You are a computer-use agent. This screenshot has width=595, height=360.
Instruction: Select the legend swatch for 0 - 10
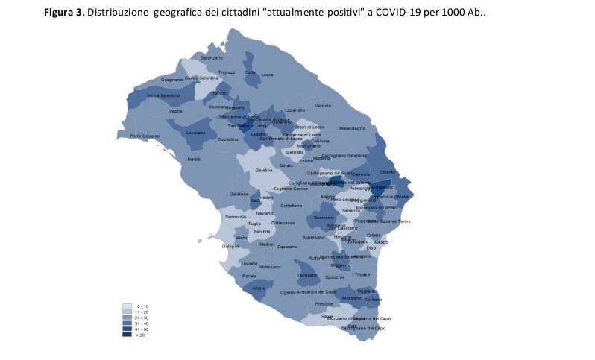click(x=127, y=306)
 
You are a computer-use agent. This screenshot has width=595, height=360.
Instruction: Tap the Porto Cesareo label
click(x=145, y=136)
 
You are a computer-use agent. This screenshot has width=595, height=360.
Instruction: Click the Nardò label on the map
click(x=194, y=160)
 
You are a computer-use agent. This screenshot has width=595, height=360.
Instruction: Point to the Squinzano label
click(x=212, y=57)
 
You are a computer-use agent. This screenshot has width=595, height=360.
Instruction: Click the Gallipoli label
click(x=230, y=246)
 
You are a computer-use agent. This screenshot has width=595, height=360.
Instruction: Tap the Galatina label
click(x=264, y=171)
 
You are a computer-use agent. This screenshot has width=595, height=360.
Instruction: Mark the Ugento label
click(x=288, y=293)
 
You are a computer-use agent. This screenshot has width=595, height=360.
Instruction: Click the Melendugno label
click(x=352, y=128)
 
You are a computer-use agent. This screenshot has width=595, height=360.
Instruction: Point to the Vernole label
click(x=323, y=106)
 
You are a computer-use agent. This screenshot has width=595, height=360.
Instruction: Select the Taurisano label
click(x=307, y=276)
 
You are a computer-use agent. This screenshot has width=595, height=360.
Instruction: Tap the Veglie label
click(x=176, y=111)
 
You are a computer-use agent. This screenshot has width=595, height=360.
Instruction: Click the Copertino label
click(x=207, y=139)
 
